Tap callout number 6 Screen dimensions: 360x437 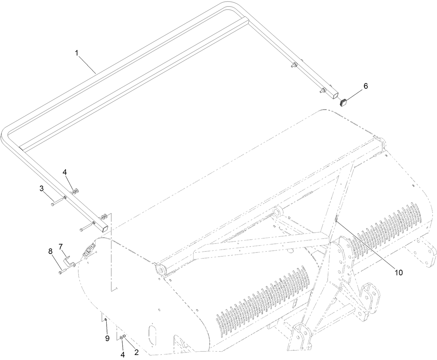point(365,86)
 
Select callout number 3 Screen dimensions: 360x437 point(42,189)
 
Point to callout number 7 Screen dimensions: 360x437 point(60,246)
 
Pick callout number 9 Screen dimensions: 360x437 point(107,338)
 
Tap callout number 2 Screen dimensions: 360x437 point(136,352)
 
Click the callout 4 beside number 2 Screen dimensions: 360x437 point(122,354)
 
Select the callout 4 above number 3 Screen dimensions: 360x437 point(65,172)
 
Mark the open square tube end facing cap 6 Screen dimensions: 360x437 point(334,94)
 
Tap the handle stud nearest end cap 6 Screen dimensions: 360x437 point(322,91)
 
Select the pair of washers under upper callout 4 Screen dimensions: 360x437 point(75,191)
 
